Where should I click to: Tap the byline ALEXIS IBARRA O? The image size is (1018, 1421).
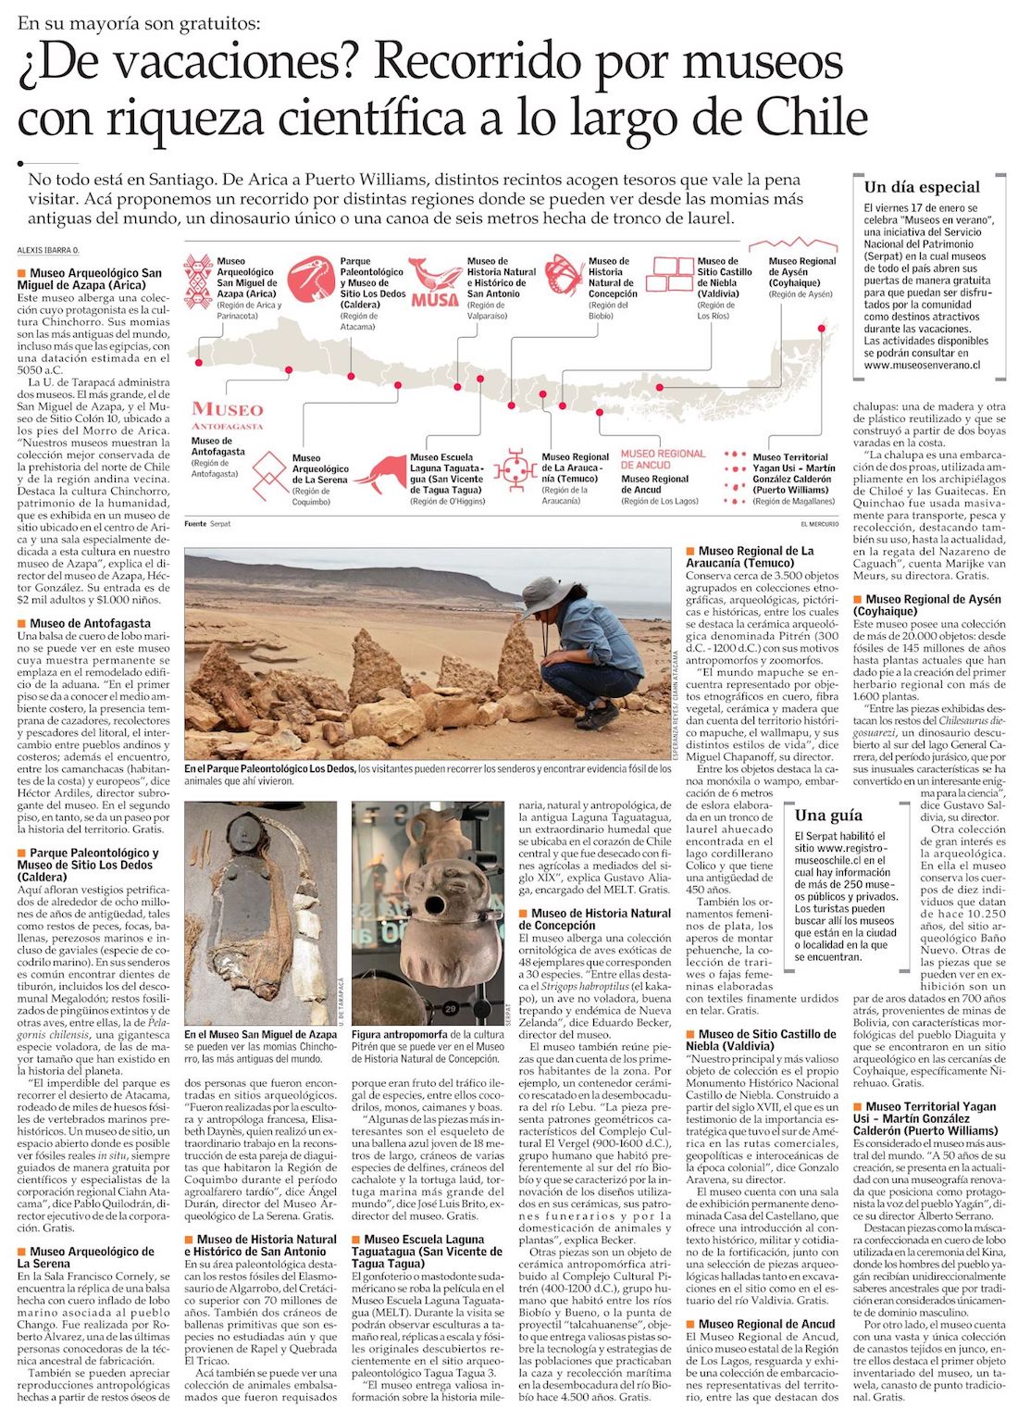coord(48,251)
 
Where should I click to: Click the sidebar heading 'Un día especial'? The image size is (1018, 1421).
coord(921,187)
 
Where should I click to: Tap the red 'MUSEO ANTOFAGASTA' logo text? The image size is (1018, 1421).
coord(228,414)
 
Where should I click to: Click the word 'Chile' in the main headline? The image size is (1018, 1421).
coord(811,118)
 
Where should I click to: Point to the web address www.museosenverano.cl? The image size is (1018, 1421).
coord(922,365)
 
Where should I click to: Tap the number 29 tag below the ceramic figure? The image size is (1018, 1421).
coord(451,1009)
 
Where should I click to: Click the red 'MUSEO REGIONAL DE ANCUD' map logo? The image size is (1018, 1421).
coord(663,459)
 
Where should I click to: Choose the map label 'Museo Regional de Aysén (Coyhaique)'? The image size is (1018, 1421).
coord(801,272)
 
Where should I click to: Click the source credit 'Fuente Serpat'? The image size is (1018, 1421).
coord(207,524)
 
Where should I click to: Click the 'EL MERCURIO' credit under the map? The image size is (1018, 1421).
coord(819,524)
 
